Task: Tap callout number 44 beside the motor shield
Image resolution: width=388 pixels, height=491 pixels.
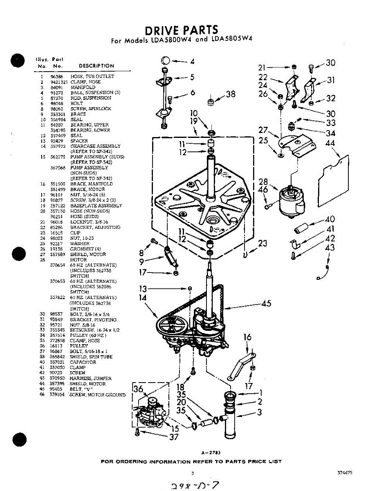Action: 330,144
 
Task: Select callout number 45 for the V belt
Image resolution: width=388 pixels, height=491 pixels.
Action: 266,304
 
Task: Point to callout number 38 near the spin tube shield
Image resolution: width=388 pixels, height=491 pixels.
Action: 231,94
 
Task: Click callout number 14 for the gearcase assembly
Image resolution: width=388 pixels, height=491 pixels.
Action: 142,297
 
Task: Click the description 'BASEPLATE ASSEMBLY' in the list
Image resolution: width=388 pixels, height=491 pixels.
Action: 96,205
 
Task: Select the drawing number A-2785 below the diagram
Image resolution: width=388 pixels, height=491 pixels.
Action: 211,453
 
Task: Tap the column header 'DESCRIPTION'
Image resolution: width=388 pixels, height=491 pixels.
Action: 96,66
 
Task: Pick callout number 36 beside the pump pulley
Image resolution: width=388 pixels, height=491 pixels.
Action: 138,389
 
